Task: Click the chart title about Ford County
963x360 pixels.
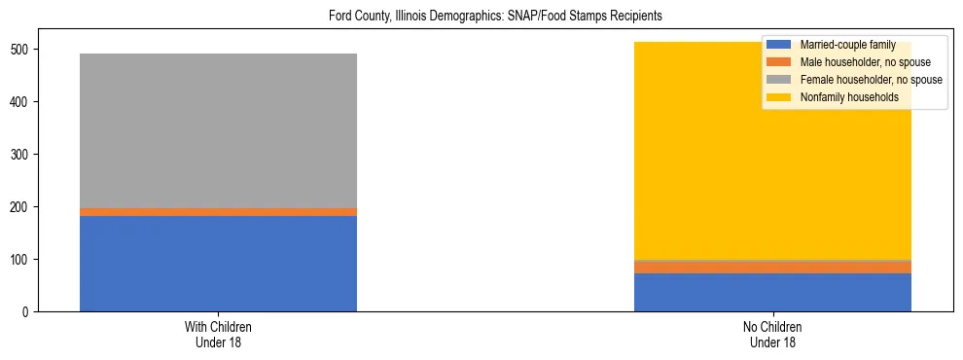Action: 481,17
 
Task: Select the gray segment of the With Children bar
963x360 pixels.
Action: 218,130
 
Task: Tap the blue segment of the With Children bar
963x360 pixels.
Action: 218,263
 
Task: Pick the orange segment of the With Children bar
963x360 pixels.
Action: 218,211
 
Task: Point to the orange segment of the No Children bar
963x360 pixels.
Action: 772,267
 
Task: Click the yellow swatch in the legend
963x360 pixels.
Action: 778,97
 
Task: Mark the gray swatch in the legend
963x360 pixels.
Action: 778,80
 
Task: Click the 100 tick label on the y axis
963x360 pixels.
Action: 24,260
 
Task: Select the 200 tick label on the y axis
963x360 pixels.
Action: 24,207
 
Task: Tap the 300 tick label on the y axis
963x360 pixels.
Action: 24,155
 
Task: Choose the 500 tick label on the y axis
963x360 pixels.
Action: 24,50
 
